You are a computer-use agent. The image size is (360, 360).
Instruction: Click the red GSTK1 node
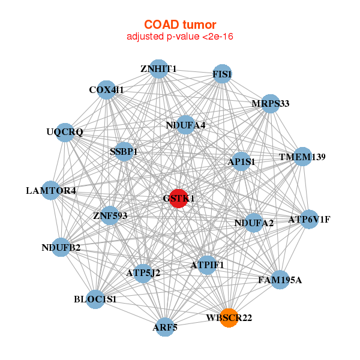tap(178, 197)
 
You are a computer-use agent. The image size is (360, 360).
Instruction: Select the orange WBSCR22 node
tap(229, 317)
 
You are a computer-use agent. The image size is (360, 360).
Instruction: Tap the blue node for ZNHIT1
tap(158, 68)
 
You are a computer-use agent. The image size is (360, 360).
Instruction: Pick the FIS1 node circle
tap(223, 74)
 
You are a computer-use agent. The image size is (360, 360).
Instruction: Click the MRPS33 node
tap(271, 103)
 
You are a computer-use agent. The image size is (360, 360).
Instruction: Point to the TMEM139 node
tap(302, 157)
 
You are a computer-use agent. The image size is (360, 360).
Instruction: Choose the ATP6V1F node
tap(309, 219)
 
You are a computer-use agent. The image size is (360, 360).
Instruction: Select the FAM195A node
tap(280, 280)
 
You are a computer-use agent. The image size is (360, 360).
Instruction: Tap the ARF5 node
tap(165, 328)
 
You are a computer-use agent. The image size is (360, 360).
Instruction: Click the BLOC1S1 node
tap(95, 298)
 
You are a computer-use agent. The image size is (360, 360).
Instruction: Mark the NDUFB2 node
tap(61, 247)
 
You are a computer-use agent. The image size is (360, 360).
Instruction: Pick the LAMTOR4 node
tap(51, 191)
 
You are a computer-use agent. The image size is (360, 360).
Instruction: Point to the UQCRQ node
tap(65, 131)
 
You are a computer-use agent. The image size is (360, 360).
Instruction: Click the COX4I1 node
tap(106, 89)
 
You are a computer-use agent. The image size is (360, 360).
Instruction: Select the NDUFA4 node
tap(186, 125)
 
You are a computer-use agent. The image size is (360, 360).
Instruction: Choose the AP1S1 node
tap(241, 161)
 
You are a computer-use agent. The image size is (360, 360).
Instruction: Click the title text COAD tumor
tap(180, 25)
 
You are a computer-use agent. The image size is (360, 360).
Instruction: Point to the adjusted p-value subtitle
tap(180, 37)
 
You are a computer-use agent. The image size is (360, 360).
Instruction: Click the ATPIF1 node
tap(207, 265)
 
